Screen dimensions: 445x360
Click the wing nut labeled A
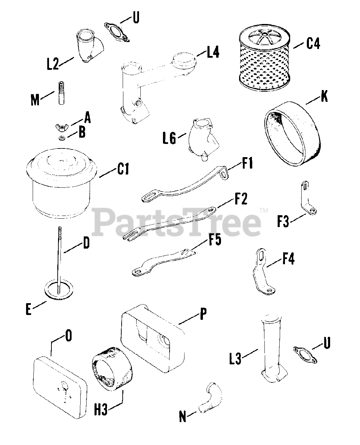coord(62,126)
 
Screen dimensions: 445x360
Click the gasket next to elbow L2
coord(116,30)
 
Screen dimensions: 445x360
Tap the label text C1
coord(123,170)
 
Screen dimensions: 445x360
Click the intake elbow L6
coord(203,137)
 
